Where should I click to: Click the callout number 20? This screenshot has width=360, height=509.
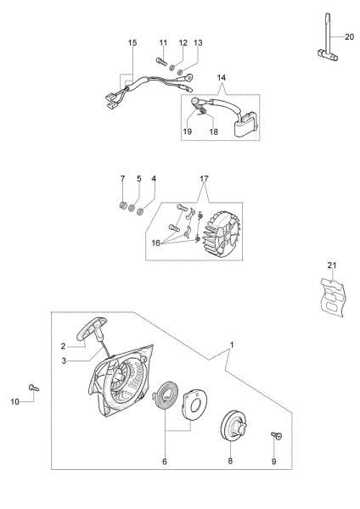coord(349,36)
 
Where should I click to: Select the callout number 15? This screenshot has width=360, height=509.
coord(132,42)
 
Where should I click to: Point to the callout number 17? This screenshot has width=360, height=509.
coord(203,179)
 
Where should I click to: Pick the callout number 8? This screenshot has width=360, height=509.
coord(230,461)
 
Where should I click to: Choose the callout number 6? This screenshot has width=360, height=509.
coord(164,461)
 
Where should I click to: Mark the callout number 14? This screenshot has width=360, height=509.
coord(222,77)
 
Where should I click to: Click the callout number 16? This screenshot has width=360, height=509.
coord(155,243)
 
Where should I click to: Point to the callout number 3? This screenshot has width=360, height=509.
coord(63,361)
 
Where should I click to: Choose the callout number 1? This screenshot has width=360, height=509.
coord(231,344)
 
